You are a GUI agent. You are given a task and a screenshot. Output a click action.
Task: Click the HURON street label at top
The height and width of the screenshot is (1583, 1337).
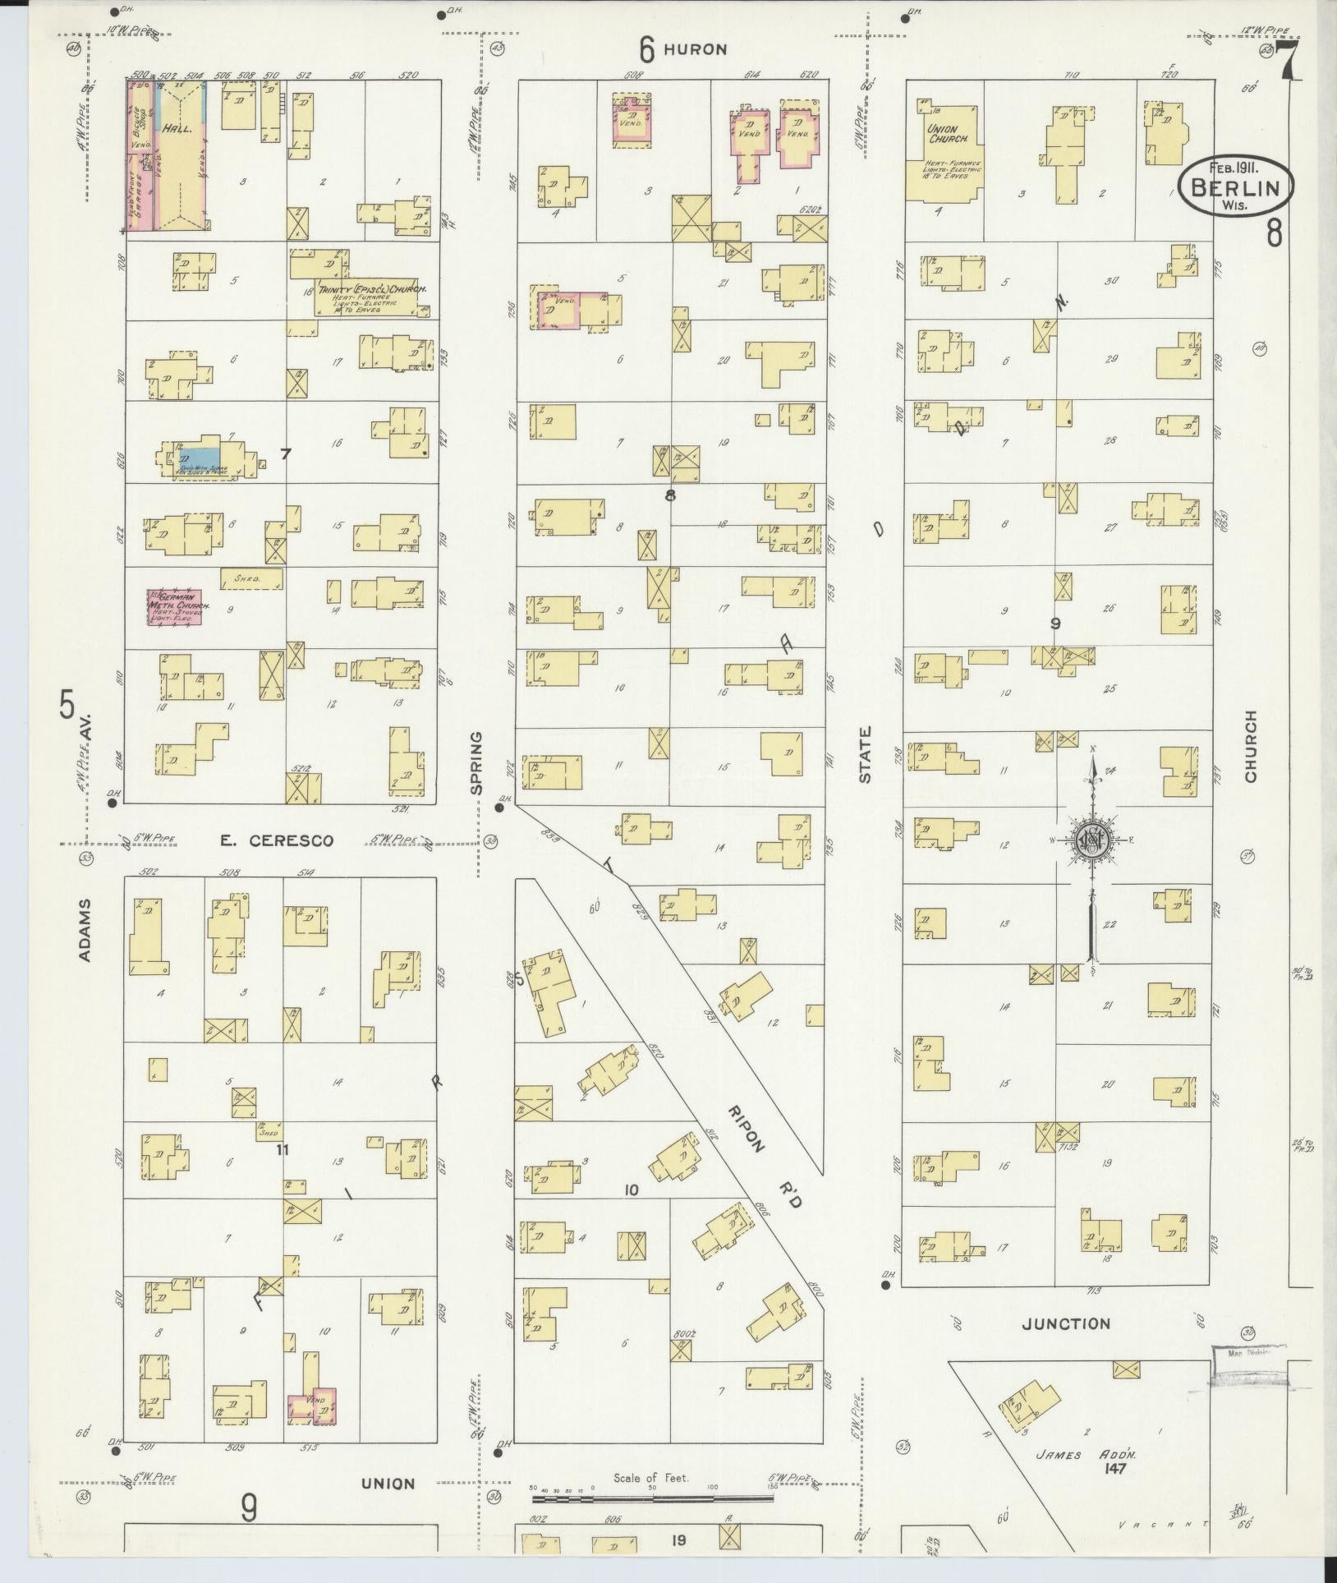695,50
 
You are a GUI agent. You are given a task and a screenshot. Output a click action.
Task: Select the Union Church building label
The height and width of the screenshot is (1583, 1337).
941,134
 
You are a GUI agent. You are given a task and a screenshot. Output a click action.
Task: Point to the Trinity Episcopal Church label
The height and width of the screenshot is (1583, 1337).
371,291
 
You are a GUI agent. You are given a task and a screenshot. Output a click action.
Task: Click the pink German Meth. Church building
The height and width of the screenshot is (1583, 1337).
175,606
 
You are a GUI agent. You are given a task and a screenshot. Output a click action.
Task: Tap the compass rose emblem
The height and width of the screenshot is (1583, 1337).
1091,840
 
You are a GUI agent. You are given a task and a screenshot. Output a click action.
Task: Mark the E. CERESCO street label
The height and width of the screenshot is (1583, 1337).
277,840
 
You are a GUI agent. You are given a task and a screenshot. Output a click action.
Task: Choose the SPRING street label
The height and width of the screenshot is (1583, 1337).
476,762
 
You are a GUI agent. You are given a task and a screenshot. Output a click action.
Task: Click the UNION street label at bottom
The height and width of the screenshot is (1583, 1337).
388,1484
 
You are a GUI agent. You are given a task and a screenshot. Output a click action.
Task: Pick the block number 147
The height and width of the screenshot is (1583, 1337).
1114,1469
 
